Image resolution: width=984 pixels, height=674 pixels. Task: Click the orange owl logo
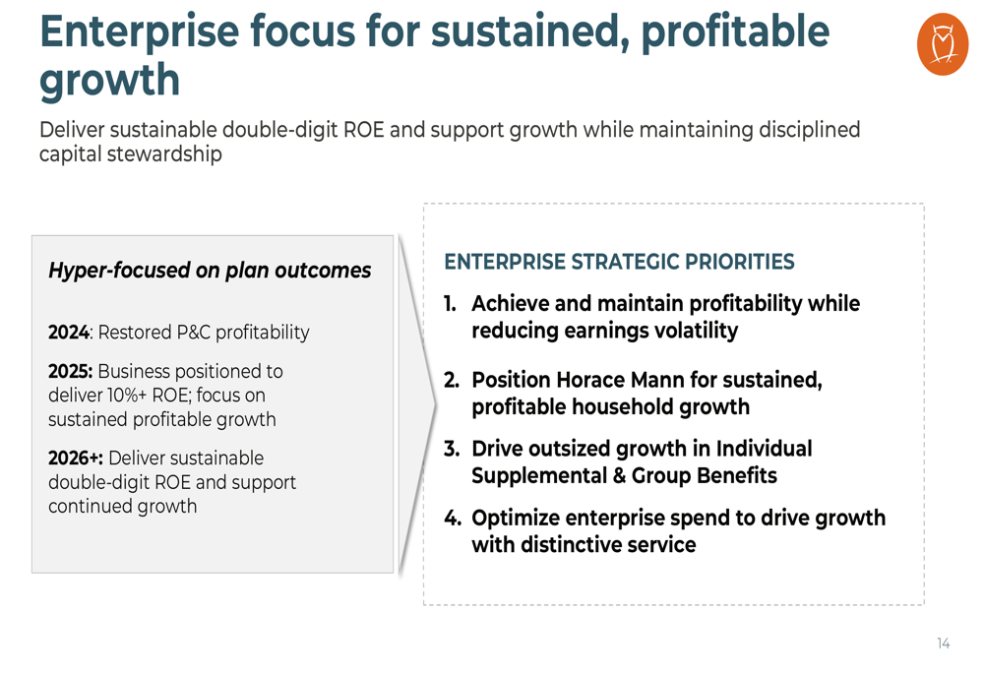[942, 44]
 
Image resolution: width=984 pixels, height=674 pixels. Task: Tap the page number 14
[944, 643]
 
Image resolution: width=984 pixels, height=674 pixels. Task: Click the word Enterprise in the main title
[140, 32]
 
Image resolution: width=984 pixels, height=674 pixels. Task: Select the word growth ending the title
[110, 81]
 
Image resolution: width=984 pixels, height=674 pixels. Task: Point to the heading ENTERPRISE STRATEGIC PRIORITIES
[619, 262]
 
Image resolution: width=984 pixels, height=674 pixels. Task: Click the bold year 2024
[69, 332]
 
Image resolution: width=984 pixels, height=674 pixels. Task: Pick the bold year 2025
[70, 371]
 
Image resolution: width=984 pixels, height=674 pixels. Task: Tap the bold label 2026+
[76, 459]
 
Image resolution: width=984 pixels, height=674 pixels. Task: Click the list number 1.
[450, 304]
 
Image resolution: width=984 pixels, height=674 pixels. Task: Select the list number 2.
[452, 381]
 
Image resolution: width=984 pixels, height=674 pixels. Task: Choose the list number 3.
[452, 449]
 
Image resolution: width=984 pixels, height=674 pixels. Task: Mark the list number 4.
[453, 518]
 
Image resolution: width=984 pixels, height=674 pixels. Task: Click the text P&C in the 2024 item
[193, 332]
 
